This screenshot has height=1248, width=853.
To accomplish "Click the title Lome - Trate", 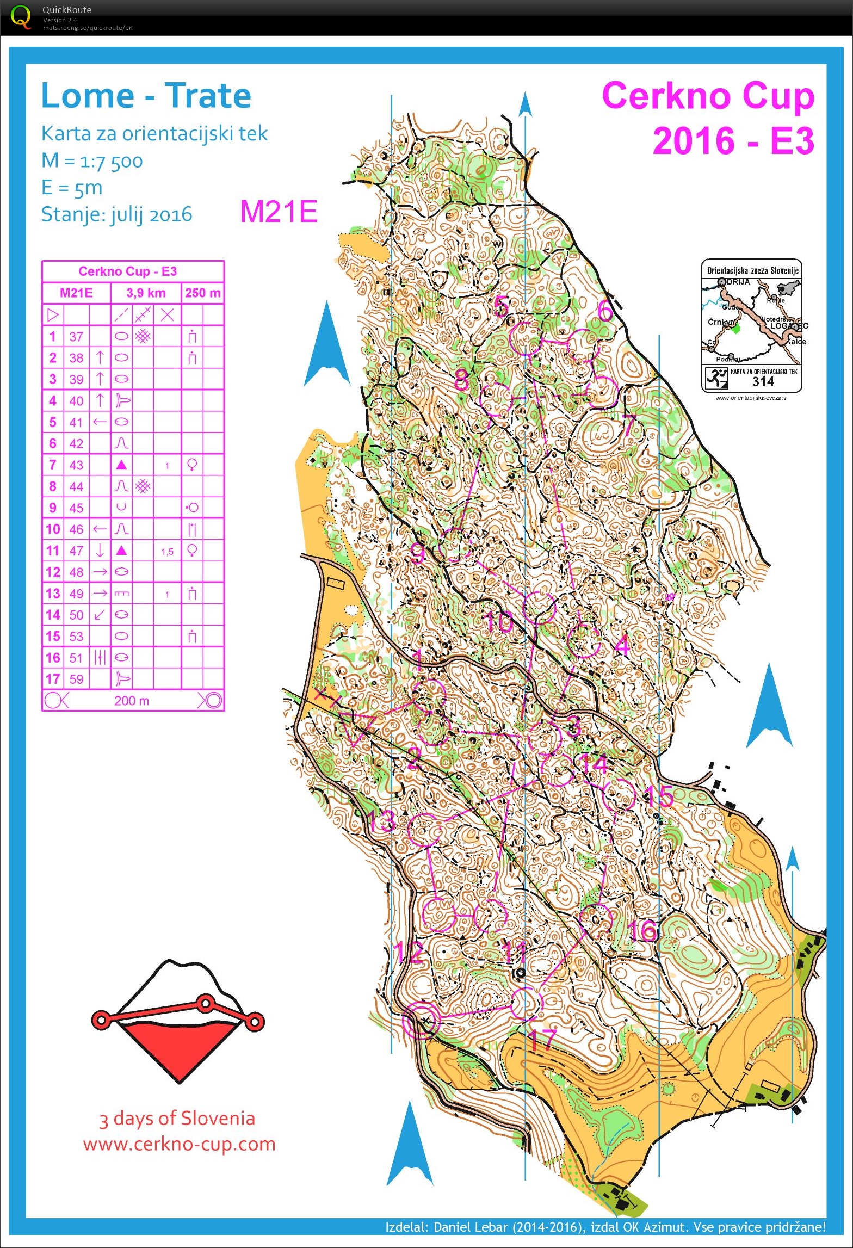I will (x=146, y=96).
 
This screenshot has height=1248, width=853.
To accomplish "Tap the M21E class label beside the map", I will (x=279, y=212).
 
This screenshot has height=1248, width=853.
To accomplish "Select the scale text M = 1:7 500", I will (x=92, y=161).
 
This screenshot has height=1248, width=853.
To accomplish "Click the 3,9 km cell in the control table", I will (x=146, y=293).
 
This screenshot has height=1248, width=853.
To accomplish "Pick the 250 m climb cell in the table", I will (x=202, y=293).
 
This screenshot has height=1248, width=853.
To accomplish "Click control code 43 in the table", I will (x=76, y=465).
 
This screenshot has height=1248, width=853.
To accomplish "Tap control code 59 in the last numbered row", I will (x=76, y=679).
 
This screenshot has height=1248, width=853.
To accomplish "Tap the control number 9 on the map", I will (x=417, y=554).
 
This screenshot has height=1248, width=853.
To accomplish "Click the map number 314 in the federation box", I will (x=763, y=381).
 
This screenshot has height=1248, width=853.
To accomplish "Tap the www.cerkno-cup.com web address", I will (x=179, y=1143).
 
